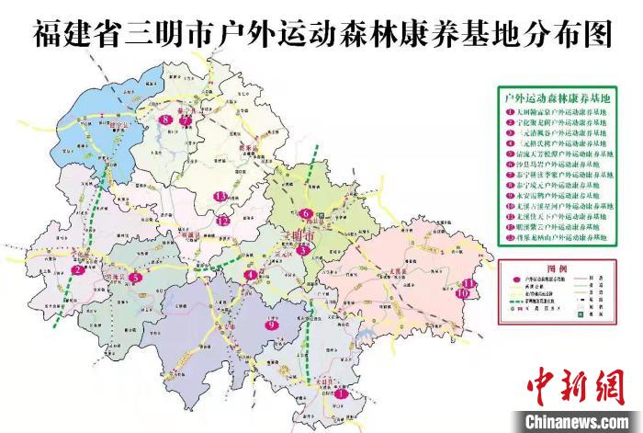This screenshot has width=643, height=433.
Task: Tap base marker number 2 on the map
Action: (x=79, y=271)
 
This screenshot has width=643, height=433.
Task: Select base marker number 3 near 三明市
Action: (x=302, y=249)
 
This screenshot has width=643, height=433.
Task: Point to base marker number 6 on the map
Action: (x=305, y=214)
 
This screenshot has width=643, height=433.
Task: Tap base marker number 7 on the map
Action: (x=185, y=120)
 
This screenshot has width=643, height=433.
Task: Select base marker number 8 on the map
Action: (x=165, y=120)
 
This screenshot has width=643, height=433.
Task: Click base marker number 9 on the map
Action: (x=271, y=325)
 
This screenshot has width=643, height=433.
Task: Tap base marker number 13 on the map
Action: (x=220, y=197)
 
